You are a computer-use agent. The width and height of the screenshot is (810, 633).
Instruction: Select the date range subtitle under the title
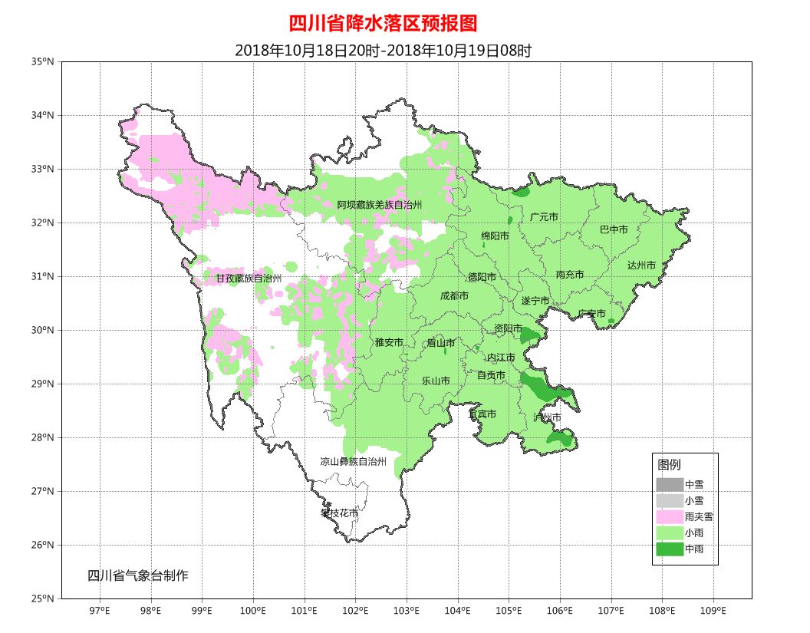383,51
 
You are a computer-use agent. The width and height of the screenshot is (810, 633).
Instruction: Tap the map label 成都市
454,295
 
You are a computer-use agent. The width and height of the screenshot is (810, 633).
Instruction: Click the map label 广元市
544,217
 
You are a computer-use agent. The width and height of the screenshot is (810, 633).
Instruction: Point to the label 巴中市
614,229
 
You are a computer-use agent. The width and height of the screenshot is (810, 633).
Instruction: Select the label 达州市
641,265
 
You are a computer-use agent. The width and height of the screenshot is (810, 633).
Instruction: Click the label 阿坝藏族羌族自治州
380,205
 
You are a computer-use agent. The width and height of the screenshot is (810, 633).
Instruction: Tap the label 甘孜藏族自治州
249,278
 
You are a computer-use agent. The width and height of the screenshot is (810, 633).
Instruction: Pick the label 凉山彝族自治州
353,461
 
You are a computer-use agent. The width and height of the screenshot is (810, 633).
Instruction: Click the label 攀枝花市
339,512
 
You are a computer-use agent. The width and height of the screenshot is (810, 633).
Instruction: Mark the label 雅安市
388,342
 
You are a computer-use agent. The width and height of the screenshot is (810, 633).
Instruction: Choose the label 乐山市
436,380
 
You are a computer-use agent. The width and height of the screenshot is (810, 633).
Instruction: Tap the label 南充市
570,274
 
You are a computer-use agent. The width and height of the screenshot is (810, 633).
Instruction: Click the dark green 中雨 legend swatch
669,549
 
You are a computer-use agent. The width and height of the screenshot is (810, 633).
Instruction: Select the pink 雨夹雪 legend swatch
669,517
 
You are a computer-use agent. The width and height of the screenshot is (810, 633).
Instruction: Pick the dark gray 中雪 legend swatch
669,485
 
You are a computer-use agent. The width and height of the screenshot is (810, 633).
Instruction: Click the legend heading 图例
669,465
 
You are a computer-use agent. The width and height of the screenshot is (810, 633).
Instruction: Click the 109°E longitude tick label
713,611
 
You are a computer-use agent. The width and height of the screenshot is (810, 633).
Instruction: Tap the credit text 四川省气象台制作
137,575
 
